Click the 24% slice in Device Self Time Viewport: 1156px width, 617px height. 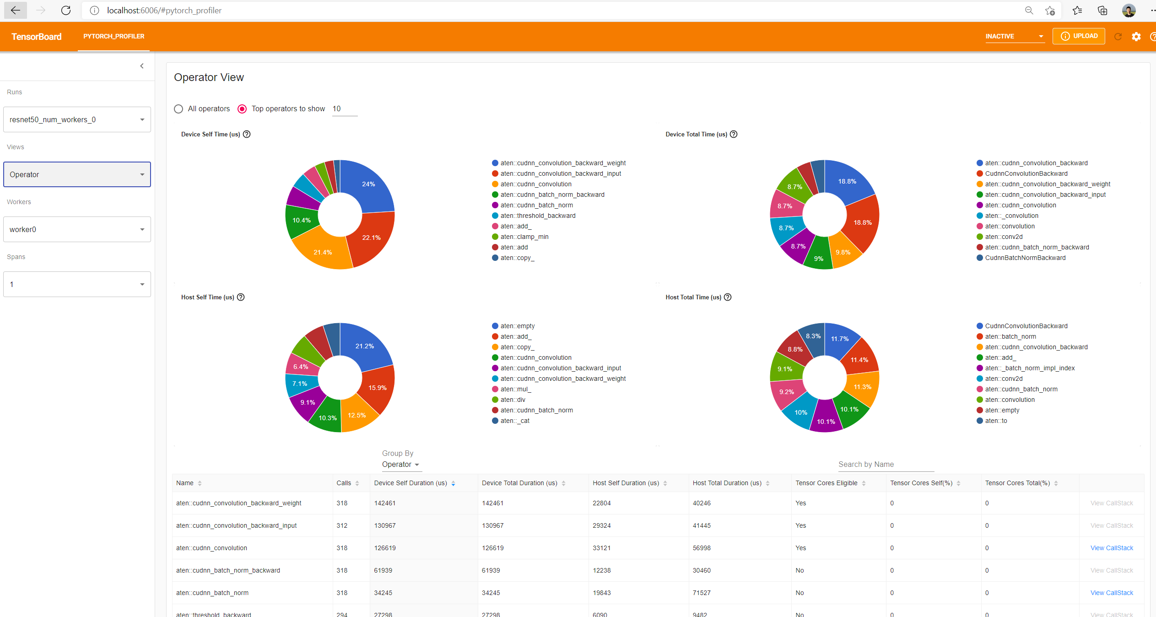(369, 184)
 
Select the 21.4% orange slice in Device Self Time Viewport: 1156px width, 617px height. (323, 252)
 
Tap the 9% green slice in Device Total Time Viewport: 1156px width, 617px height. (819, 258)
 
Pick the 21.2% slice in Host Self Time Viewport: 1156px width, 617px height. (365, 346)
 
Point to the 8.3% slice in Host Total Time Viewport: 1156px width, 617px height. (813, 336)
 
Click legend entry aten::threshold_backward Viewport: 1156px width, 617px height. (538, 216)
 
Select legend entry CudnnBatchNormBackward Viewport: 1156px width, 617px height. (1025, 258)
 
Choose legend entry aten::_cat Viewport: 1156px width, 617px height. (514, 421)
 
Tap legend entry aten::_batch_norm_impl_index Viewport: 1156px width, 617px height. (1029, 368)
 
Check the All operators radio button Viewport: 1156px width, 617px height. (178, 109)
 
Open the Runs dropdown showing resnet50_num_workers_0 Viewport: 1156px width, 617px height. (77, 119)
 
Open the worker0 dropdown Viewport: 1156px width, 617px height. (77, 229)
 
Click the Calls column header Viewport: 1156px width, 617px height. (344, 483)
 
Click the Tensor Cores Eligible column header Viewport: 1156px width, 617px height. (826, 483)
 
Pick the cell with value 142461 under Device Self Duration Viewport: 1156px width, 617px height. (385, 503)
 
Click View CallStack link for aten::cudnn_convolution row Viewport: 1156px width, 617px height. (1112, 548)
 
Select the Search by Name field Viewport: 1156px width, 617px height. (886, 465)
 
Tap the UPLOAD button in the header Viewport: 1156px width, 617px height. (1079, 36)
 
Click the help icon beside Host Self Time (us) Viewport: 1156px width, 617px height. (241, 297)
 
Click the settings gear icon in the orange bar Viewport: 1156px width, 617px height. (1136, 37)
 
